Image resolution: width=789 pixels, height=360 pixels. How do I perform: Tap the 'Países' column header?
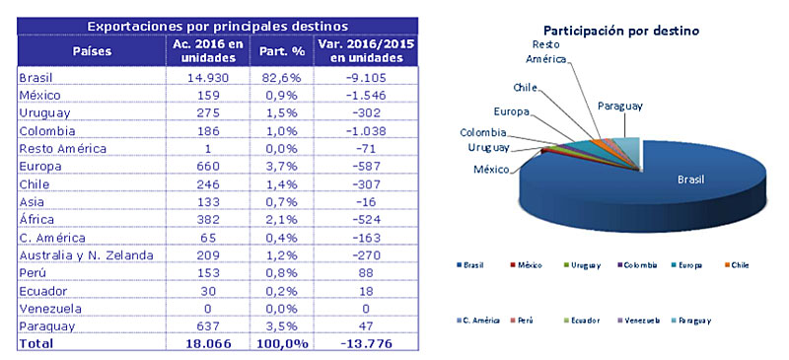pyautogui.click(x=92, y=49)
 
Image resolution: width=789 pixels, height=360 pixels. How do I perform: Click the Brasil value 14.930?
pyautogui.click(x=201, y=77)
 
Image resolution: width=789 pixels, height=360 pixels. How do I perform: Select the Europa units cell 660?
pyautogui.click(x=201, y=166)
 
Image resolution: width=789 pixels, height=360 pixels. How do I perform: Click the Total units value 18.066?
pyautogui.click(x=201, y=344)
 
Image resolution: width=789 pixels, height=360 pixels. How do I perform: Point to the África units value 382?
pyautogui.click(x=201, y=219)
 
